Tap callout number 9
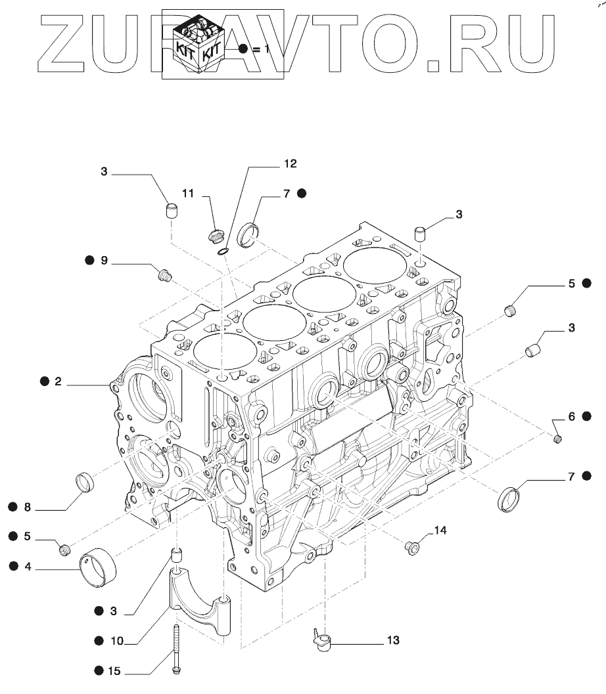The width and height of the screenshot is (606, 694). [104, 261]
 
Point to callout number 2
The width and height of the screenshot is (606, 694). [58, 381]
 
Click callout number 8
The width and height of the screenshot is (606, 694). [28, 506]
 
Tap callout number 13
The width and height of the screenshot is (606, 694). [392, 640]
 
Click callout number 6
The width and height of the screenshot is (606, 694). [571, 416]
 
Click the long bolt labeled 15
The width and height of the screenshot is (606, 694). [177, 648]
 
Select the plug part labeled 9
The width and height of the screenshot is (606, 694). [165, 274]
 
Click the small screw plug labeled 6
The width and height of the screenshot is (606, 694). [557, 438]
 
